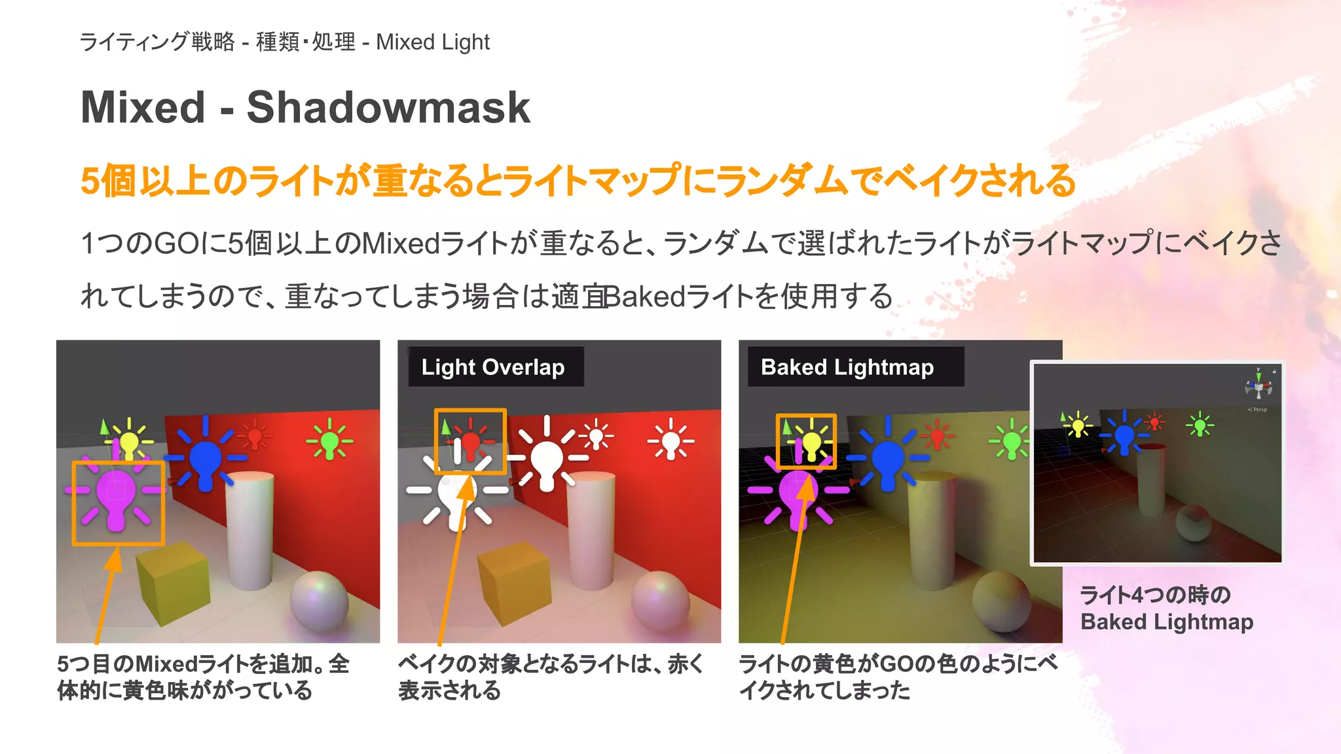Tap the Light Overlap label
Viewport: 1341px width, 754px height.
point(492,367)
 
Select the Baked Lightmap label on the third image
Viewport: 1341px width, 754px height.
point(847,367)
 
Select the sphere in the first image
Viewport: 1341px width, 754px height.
point(320,600)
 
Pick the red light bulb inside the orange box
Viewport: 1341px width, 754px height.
point(470,442)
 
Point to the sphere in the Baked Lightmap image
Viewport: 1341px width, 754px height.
point(1001,600)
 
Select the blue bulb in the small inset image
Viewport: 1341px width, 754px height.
point(1124,435)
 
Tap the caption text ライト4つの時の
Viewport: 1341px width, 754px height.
point(1155,595)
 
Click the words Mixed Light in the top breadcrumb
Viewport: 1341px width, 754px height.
point(433,43)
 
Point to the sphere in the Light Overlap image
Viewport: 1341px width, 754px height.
point(661,600)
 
